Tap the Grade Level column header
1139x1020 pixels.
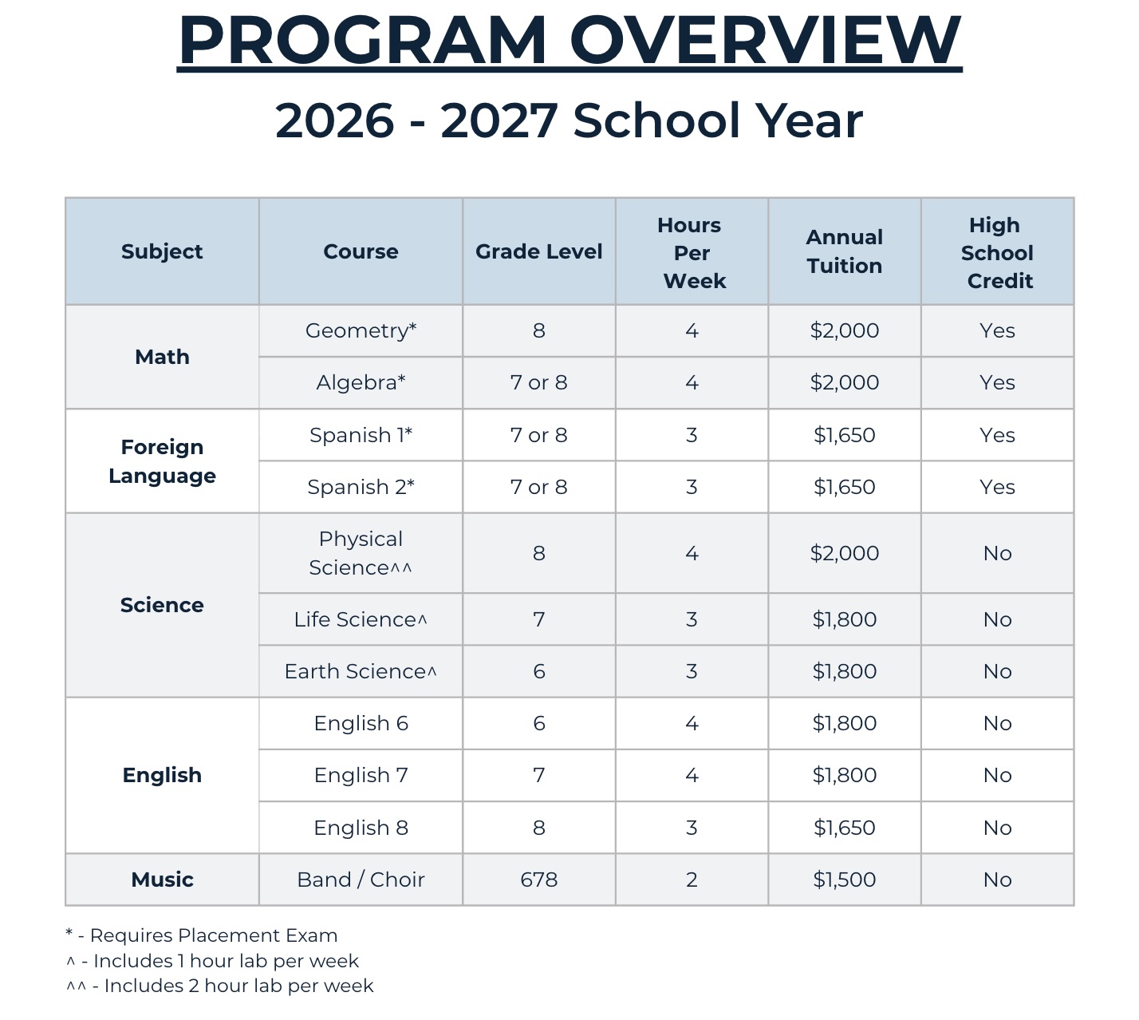click(538, 251)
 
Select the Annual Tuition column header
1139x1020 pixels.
click(844, 251)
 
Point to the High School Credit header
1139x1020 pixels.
click(997, 252)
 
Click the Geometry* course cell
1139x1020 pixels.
click(361, 330)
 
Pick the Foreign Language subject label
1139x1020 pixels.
click(162, 461)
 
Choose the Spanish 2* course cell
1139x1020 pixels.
click(361, 487)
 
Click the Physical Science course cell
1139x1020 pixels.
click(361, 553)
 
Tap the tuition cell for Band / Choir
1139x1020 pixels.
click(844, 880)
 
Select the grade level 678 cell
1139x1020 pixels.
click(538, 880)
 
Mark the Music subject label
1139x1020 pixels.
click(162, 880)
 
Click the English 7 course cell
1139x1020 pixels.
click(361, 775)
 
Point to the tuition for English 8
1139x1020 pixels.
click(844, 828)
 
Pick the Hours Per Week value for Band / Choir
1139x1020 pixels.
click(692, 880)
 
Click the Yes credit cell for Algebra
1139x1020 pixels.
click(997, 382)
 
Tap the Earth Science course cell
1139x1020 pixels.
click(361, 671)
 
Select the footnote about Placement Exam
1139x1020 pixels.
click(202, 935)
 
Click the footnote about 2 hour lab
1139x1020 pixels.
click(220, 986)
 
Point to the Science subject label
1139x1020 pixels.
click(162, 605)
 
